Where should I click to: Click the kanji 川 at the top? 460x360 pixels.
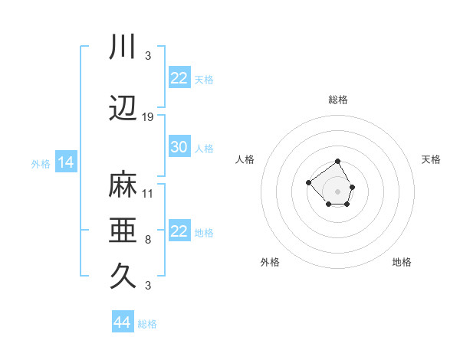pyautogui.click(x=123, y=47)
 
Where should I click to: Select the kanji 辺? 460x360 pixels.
pyautogui.click(x=123, y=110)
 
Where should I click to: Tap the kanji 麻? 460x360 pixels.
pyautogui.click(x=123, y=185)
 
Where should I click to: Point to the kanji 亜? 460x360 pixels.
pyautogui.click(x=123, y=231)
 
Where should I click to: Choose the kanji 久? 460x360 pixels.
pyautogui.click(x=123, y=276)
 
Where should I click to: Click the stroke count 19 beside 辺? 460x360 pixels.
pyautogui.click(x=148, y=117)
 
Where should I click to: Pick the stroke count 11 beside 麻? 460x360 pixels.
pyautogui.click(x=148, y=193)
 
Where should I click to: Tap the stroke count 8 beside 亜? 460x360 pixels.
pyautogui.click(x=148, y=239)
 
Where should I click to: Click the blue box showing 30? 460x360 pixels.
pyautogui.click(x=179, y=147)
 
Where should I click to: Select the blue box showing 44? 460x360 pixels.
pyautogui.click(x=123, y=322)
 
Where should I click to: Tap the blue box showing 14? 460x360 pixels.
pyautogui.click(x=65, y=162)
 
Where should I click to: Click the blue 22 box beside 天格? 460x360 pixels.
pyautogui.click(x=179, y=78)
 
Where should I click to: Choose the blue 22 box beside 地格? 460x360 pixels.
pyautogui.click(x=179, y=231)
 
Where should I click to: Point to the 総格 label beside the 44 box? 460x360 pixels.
pyautogui.click(x=147, y=324)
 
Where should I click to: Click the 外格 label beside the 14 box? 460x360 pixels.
pyautogui.click(x=41, y=163)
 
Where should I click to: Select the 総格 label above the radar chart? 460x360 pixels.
pyautogui.click(x=337, y=100)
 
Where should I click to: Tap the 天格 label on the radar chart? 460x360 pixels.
pyautogui.click(x=431, y=159)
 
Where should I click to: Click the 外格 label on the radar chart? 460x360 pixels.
pyautogui.click(x=270, y=262)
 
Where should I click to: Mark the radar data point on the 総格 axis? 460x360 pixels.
pyautogui.click(x=337, y=162)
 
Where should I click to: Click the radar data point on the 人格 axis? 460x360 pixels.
pyautogui.click(x=308, y=182)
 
